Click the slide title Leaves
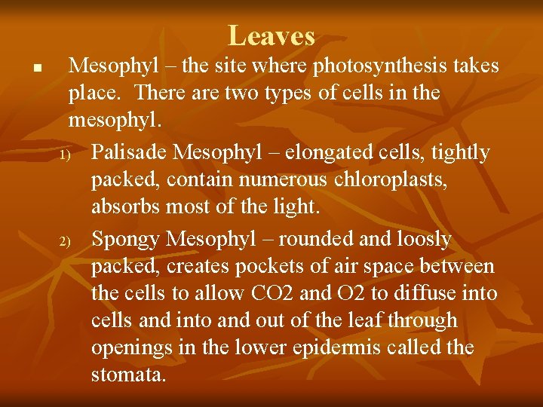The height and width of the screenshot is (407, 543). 271,35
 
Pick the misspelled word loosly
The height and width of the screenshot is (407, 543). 419,240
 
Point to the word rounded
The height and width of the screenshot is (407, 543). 325,240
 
